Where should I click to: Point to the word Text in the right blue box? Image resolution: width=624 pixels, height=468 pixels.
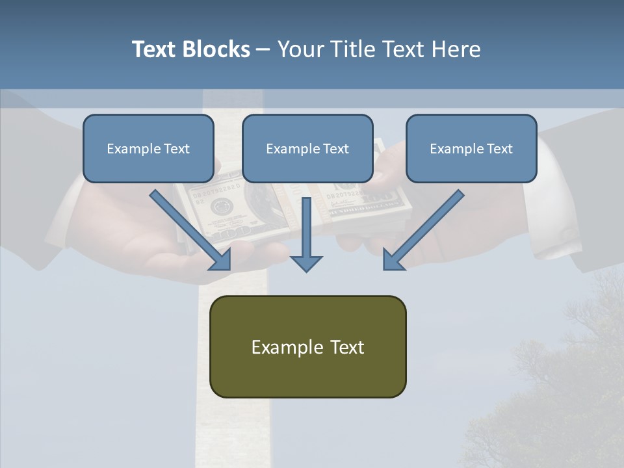499,149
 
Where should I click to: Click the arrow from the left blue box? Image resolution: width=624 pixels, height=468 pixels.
192,231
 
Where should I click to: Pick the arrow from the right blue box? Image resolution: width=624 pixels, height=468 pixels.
422,231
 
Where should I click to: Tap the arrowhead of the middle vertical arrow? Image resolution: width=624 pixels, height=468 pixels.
306,263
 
